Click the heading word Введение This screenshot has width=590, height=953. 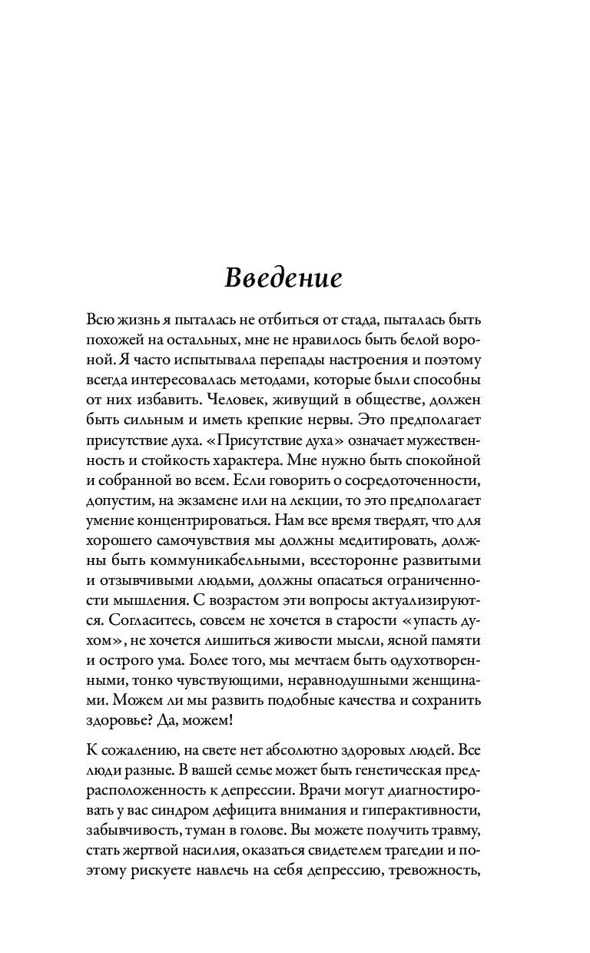(x=283, y=278)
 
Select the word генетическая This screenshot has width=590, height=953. (x=399, y=769)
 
